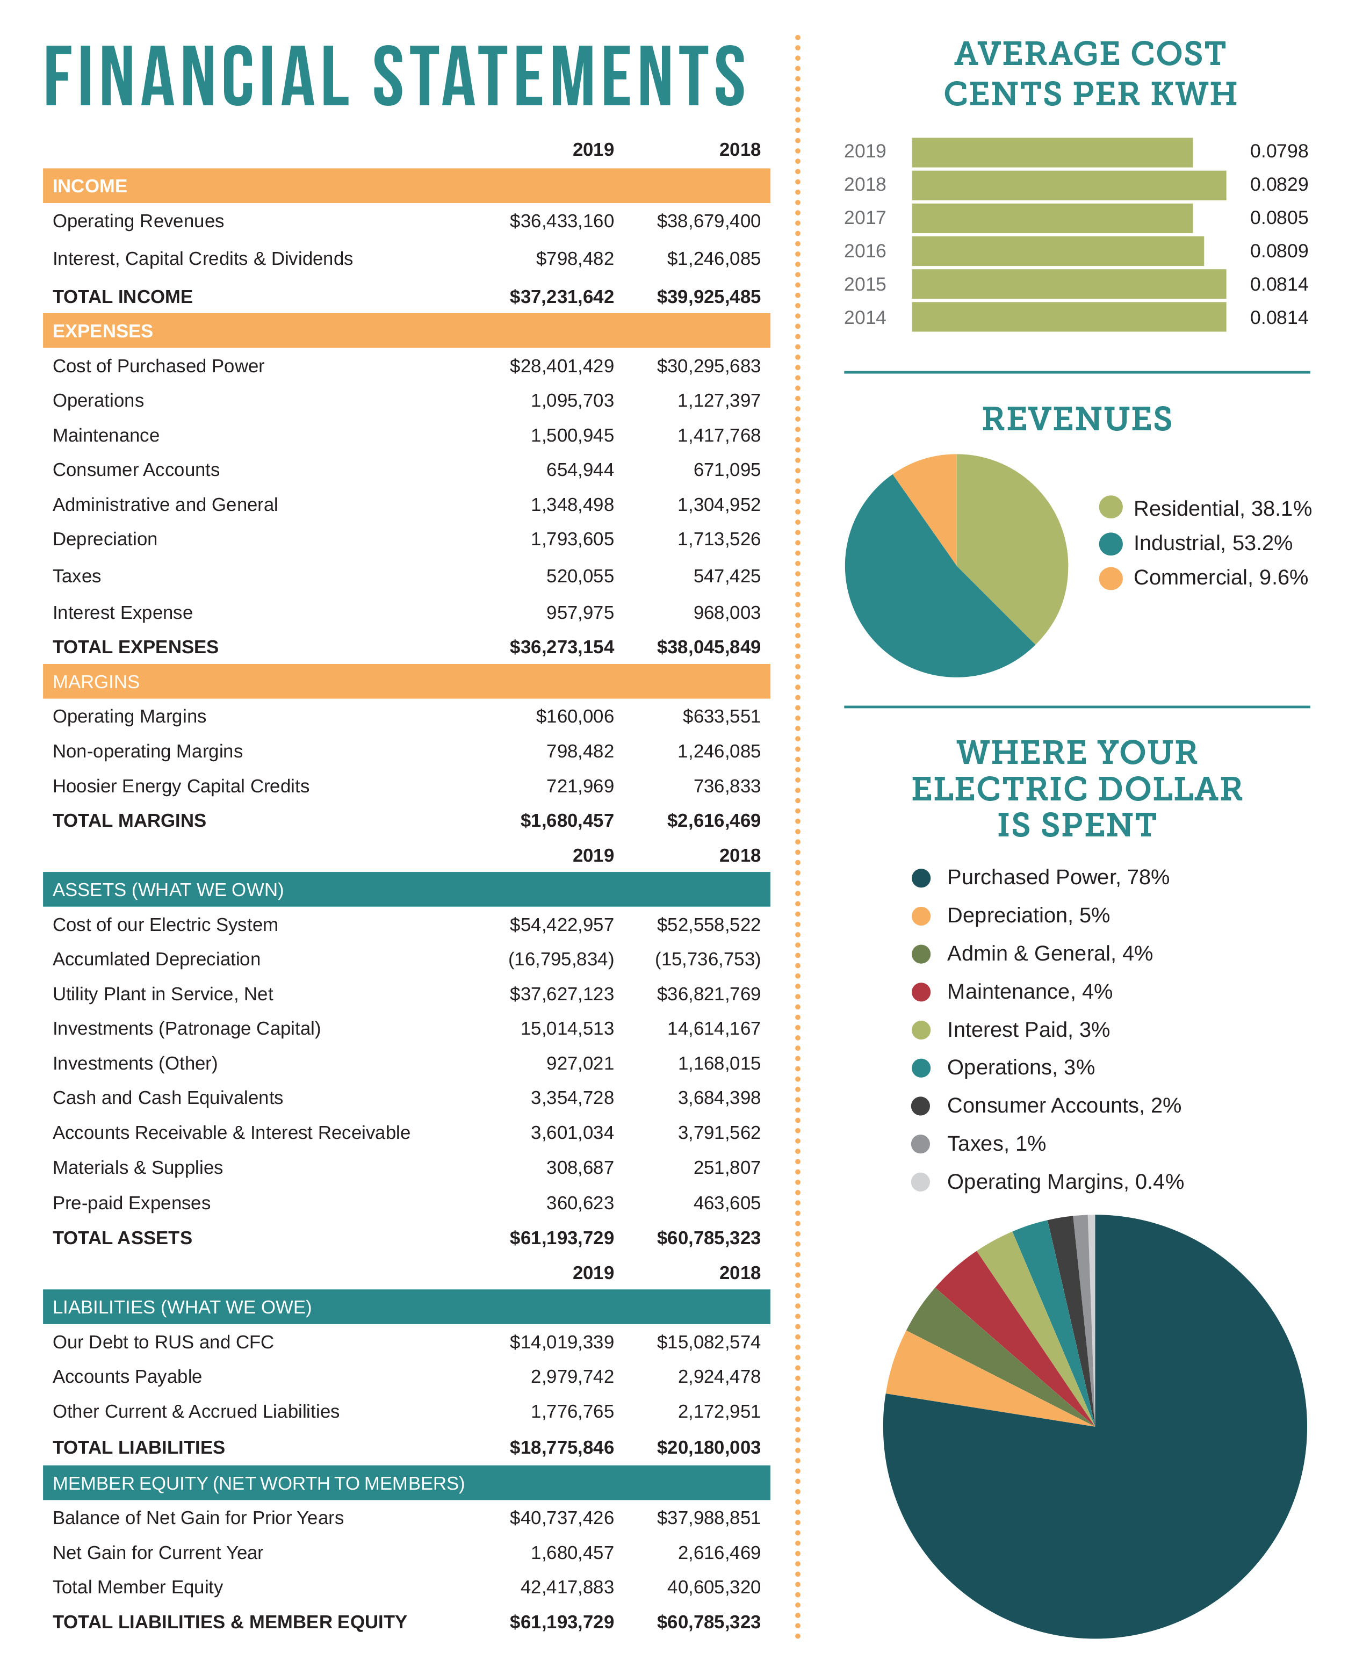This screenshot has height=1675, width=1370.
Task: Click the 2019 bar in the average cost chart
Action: [x=1051, y=152]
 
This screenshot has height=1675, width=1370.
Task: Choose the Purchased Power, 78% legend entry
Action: [x=1057, y=877]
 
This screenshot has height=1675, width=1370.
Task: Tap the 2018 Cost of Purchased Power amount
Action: [x=708, y=366]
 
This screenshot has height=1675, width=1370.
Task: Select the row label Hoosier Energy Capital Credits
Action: [x=181, y=786]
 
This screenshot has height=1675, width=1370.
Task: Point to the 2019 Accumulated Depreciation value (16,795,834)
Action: [x=560, y=959]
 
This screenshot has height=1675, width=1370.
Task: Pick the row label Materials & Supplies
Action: [x=138, y=1168]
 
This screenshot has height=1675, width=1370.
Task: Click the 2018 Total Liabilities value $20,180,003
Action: [x=708, y=1448]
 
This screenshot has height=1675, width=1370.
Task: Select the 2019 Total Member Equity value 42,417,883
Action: [x=567, y=1587]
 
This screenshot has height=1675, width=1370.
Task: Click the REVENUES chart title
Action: [x=1077, y=420]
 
